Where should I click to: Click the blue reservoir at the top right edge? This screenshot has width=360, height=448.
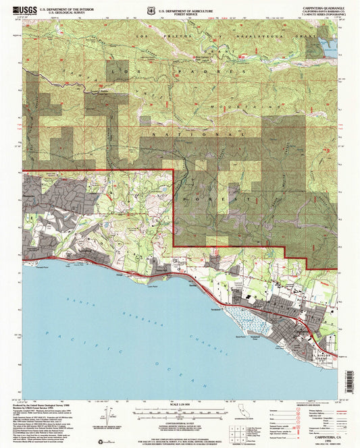coord(331,46)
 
